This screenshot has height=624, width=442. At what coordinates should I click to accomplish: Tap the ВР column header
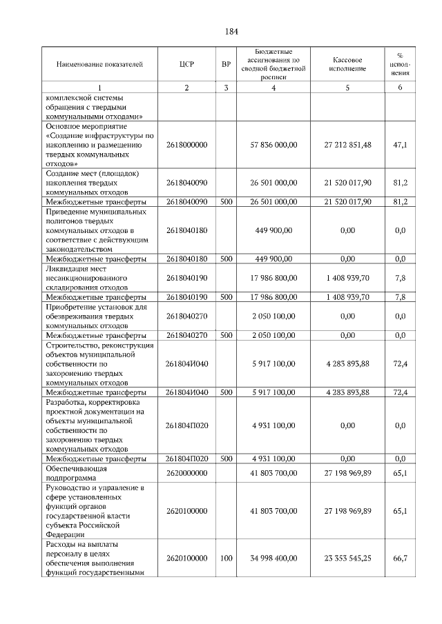pyautogui.click(x=226, y=64)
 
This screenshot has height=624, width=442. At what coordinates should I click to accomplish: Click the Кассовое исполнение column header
pyautogui.click(x=347, y=64)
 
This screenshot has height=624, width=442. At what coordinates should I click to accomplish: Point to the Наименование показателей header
pyautogui.click(x=99, y=64)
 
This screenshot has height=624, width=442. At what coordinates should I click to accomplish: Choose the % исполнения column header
pyautogui.click(x=400, y=64)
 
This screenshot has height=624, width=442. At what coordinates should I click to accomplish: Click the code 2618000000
pyautogui.click(x=186, y=145)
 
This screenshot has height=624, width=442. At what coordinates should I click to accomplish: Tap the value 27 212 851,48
pyautogui.click(x=347, y=145)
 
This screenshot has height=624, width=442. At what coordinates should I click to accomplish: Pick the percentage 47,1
pyautogui.click(x=400, y=145)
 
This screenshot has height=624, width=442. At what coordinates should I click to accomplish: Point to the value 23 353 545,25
pyautogui.click(x=347, y=558)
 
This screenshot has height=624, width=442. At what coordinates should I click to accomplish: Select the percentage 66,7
pyautogui.click(x=400, y=558)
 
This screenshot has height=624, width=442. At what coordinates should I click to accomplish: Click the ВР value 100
pyautogui.click(x=226, y=558)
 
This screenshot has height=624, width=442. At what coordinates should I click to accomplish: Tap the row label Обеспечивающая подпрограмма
pyautogui.click(x=76, y=473)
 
